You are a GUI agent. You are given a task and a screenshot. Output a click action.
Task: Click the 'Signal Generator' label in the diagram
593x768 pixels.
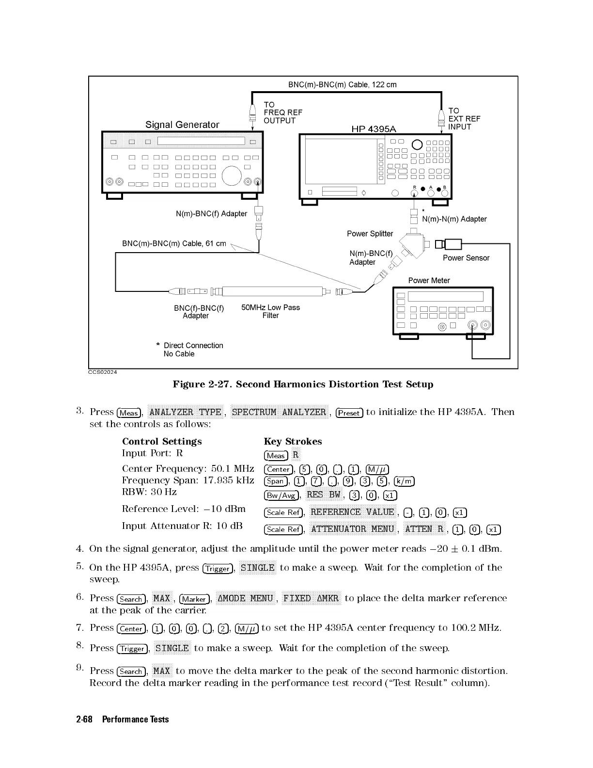tap(182, 125)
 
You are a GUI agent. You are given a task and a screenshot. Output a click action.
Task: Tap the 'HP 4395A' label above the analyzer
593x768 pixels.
tap(373, 128)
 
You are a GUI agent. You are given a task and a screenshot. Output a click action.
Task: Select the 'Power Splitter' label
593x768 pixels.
tap(370, 234)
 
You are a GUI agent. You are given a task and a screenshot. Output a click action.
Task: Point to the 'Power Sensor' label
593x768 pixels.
tap(466, 258)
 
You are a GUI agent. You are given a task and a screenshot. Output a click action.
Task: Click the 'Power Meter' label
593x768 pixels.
tap(429, 280)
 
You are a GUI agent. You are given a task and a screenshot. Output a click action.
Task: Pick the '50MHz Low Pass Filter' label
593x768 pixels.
tap(270, 311)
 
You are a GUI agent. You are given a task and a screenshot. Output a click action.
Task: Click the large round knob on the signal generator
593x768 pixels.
tap(232, 175)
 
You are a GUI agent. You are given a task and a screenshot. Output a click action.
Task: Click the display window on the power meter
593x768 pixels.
tap(445, 296)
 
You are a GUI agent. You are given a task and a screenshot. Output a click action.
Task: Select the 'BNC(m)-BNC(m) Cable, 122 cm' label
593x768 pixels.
tap(342, 84)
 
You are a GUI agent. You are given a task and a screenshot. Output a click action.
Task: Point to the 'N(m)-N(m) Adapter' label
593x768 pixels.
tap(454, 219)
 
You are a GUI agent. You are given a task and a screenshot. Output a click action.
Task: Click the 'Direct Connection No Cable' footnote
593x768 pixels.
tap(193, 350)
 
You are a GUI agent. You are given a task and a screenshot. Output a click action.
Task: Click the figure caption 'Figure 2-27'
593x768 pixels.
tap(303, 384)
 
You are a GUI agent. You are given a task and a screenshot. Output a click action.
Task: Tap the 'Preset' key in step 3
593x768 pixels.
tap(349, 413)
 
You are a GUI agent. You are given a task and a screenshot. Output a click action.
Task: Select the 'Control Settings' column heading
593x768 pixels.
tap(162, 441)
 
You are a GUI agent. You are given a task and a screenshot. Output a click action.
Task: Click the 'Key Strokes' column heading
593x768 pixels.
tap(293, 441)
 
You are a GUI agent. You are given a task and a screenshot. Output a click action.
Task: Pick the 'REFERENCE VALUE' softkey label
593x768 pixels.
tap(352, 512)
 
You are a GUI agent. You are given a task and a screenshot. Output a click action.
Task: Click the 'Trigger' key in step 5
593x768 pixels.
tap(217, 568)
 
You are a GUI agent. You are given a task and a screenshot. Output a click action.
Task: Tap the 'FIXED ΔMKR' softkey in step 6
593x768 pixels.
tap(311, 598)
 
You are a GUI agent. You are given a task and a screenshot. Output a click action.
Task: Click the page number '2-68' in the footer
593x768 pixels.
tap(84, 719)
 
